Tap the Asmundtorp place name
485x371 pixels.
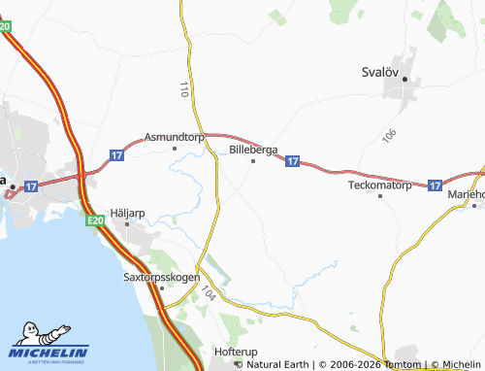pyautogui.click(x=174, y=138)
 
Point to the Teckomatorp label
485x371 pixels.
pyautogui.click(x=380, y=184)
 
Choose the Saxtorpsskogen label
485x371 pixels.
pyautogui.click(x=161, y=277)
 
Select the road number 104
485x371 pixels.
pyautogui.click(x=209, y=294)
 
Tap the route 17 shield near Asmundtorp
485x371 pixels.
pyautogui.click(x=117, y=154)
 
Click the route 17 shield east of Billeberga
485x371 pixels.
pyautogui.click(x=292, y=162)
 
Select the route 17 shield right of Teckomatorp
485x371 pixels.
pyautogui.click(x=434, y=183)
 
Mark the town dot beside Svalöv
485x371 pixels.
pyautogui.click(x=406, y=79)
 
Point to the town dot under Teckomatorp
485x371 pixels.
pyautogui.click(x=380, y=195)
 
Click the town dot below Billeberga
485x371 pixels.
pyautogui.click(x=254, y=161)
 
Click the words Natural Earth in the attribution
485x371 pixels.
pyautogui.click(x=278, y=364)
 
